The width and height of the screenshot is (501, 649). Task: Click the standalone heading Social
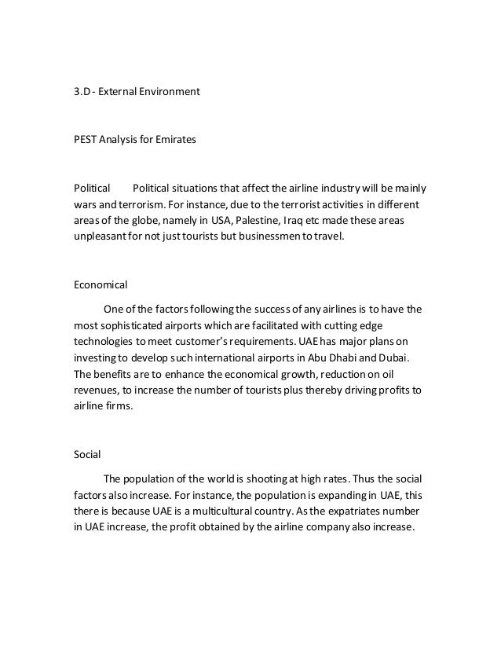86,453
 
